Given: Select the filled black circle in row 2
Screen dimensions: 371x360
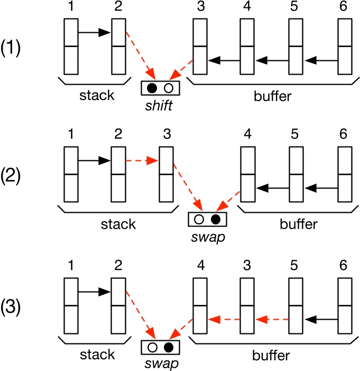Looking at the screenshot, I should point(215,219).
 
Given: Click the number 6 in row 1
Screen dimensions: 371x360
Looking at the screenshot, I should point(345,9).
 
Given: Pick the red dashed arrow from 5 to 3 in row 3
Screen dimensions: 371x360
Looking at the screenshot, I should point(272,319).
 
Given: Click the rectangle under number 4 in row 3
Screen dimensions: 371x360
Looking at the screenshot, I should point(200,306).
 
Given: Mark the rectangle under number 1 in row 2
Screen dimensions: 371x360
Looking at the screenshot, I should point(71,174).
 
